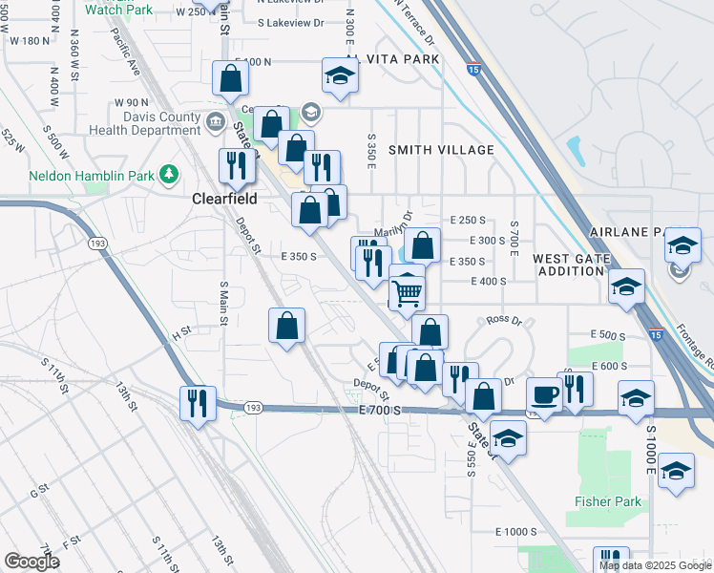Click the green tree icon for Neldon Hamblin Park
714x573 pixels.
[x=170, y=174]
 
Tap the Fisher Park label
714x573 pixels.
[x=600, y=501]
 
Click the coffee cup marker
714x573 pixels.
[x=544, y=393]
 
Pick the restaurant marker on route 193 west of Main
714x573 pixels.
[x=198, y=401]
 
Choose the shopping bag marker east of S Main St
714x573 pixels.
[x=286, y=327]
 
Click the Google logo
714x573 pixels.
[x=31, y=562]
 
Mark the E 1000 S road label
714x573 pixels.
[x=516, y=532]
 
